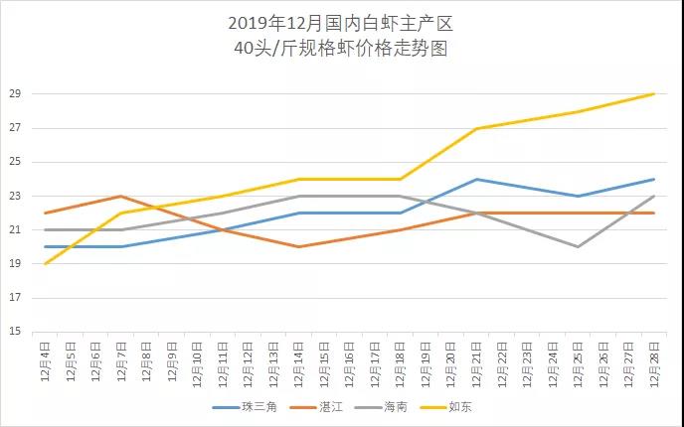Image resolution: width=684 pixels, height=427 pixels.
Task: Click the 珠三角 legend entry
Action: (253, 407)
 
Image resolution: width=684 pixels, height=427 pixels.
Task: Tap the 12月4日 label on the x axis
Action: (45, 362)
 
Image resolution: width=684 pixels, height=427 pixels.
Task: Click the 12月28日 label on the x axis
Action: (653, 362)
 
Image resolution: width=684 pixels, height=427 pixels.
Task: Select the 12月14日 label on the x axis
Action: (298, 362)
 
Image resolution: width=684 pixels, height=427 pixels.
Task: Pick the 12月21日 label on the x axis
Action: (476, 362)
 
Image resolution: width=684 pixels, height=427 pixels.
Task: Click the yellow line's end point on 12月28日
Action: (653, 94)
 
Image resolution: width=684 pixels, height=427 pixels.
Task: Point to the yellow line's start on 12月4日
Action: (45, 264)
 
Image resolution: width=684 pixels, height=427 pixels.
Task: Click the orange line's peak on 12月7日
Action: (120, 197)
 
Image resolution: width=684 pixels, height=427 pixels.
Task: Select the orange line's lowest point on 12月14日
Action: (298, 247)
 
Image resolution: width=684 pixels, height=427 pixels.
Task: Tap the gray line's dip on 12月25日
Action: (578, 247)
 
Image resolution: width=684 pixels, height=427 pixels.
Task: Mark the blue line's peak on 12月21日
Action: (476, 180)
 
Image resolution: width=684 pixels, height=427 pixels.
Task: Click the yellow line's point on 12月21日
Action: (476, 129)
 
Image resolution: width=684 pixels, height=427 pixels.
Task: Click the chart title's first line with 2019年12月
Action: (341, 24)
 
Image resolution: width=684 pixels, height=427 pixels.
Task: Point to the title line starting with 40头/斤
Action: (341, 49)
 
